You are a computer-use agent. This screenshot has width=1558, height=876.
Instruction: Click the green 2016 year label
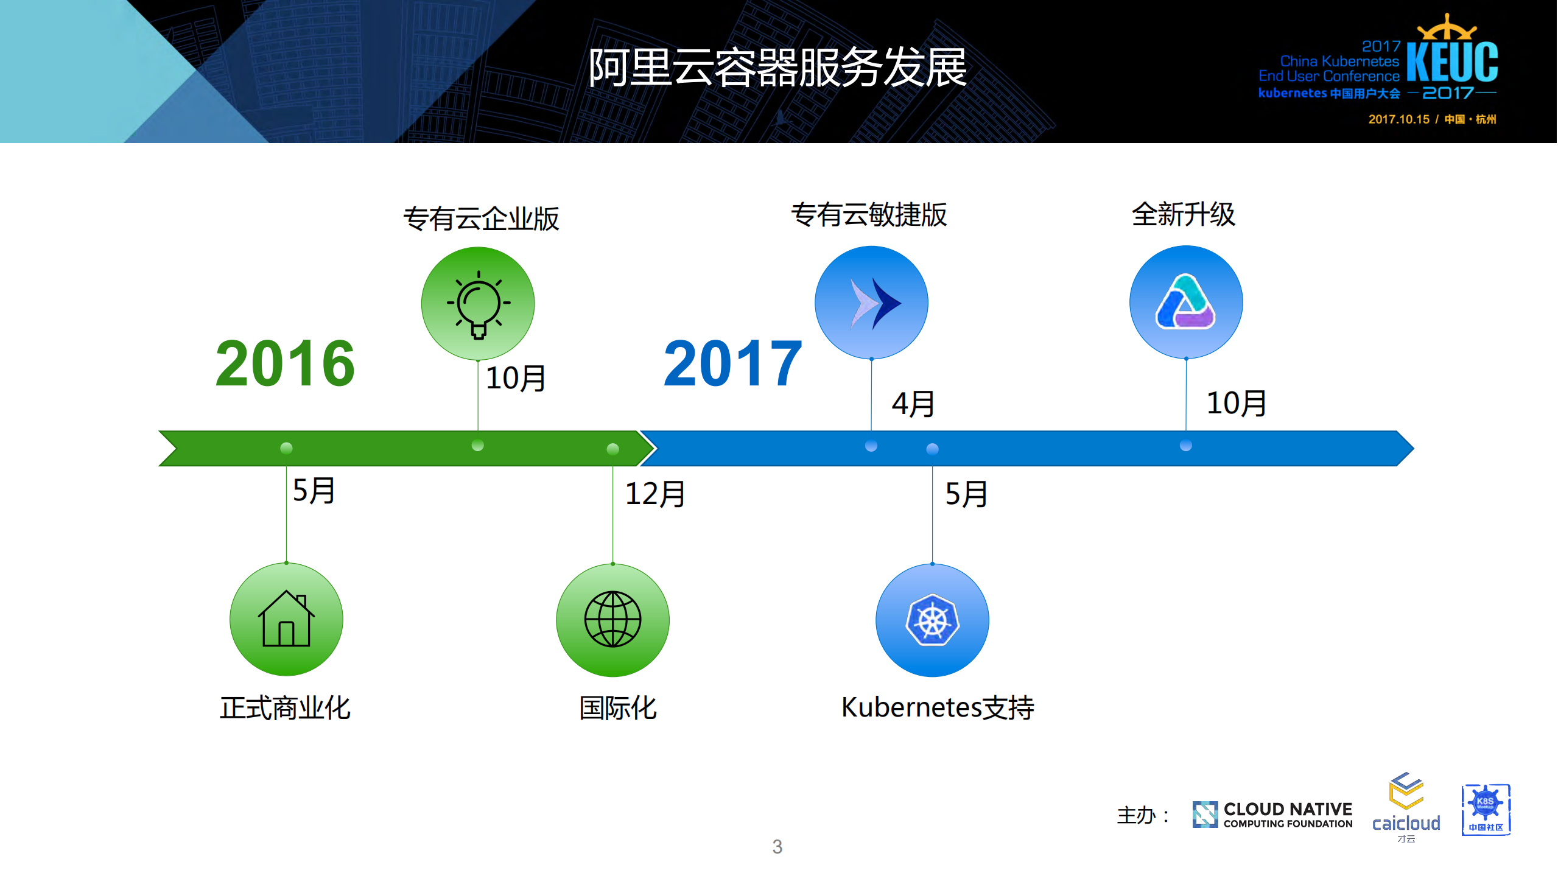[285, 363]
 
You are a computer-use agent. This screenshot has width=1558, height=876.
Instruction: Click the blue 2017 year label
[732, 363]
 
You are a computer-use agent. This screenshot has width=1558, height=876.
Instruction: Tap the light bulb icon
[478, 303]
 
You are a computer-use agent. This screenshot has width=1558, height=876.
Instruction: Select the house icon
[286, 619]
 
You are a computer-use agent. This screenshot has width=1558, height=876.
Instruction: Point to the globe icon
[612, 619]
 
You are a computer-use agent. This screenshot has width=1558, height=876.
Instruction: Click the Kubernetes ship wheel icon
[932, 620]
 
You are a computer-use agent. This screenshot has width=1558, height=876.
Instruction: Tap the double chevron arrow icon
[871, 303]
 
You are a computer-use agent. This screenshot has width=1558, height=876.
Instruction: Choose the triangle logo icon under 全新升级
[1185, 302]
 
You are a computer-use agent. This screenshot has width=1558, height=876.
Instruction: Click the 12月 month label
[655, 494]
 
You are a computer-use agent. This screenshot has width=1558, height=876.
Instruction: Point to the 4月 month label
[913, 404]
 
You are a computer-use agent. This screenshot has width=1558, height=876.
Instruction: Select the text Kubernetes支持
[938, 707]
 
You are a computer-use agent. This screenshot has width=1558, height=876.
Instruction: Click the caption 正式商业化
[285, 708]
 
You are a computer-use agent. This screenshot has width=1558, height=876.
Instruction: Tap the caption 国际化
[618, 708]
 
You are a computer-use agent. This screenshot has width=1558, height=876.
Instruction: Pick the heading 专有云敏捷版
[869, 215]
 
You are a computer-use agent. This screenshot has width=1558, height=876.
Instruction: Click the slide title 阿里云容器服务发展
[777, 67]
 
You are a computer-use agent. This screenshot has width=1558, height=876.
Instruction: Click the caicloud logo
[1406, 807]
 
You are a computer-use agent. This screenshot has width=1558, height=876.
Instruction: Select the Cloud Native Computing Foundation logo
[1272, 815]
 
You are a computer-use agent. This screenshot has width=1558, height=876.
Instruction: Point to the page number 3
[777, 846]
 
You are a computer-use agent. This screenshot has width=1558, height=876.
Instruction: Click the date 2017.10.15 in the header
[1398, 119]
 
